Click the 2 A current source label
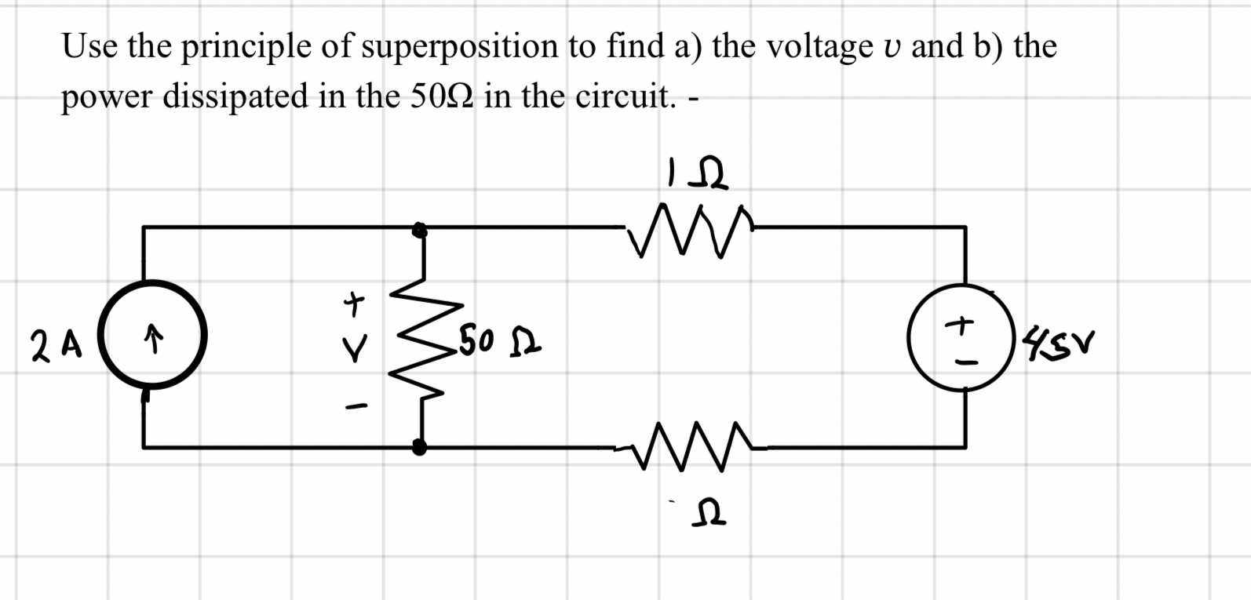click(x=57, y=344)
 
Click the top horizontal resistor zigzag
click(x=689, y=228)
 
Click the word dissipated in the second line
click(x=235, y=97)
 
